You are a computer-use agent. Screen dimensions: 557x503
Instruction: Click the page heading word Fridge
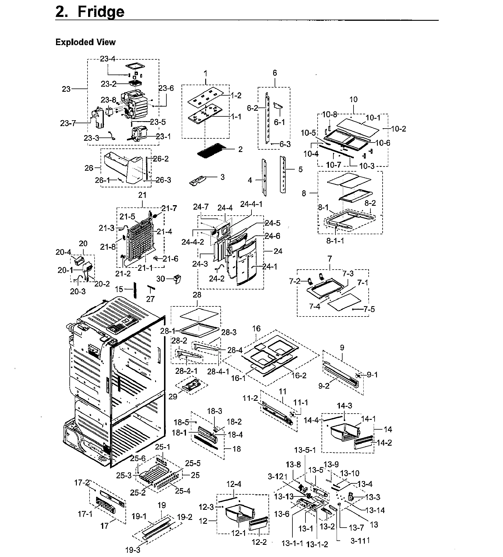pyautogui.click(x=101, y=12)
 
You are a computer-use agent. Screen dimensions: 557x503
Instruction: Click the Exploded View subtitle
pyautogui.click(x=85, y=42)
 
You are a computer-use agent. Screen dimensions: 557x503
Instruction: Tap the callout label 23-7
pyautogui.click(x=69, y=123)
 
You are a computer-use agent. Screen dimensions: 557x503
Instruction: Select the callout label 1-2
pyautogui.click(x=236, y=95)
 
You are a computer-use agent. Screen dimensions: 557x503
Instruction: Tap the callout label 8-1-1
pyautogui.click(x=335, y=241)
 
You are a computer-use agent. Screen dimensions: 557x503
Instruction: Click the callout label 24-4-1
pyautogui.click(x=251, y=204)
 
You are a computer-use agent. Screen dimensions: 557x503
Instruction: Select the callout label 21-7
pyautogui.click(x=169, y=209)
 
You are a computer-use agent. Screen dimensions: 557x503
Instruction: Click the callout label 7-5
pyautogui.click(x=369, y=309)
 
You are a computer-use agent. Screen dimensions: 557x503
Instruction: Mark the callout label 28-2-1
pyautogui.click(x=186, y=371)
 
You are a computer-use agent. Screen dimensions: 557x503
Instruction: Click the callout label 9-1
pyautogui.click(x=372, y=375)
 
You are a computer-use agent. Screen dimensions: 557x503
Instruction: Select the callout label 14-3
pyautogui.click(x=345, y=405)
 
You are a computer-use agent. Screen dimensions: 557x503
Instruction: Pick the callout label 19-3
pyautogui.click(x=133, y=550)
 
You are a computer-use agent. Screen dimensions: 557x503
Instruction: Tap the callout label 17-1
pyautogui.click(x=85, y=514)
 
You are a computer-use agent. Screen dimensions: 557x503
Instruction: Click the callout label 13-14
pyautogui.click(x=375, y=510)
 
